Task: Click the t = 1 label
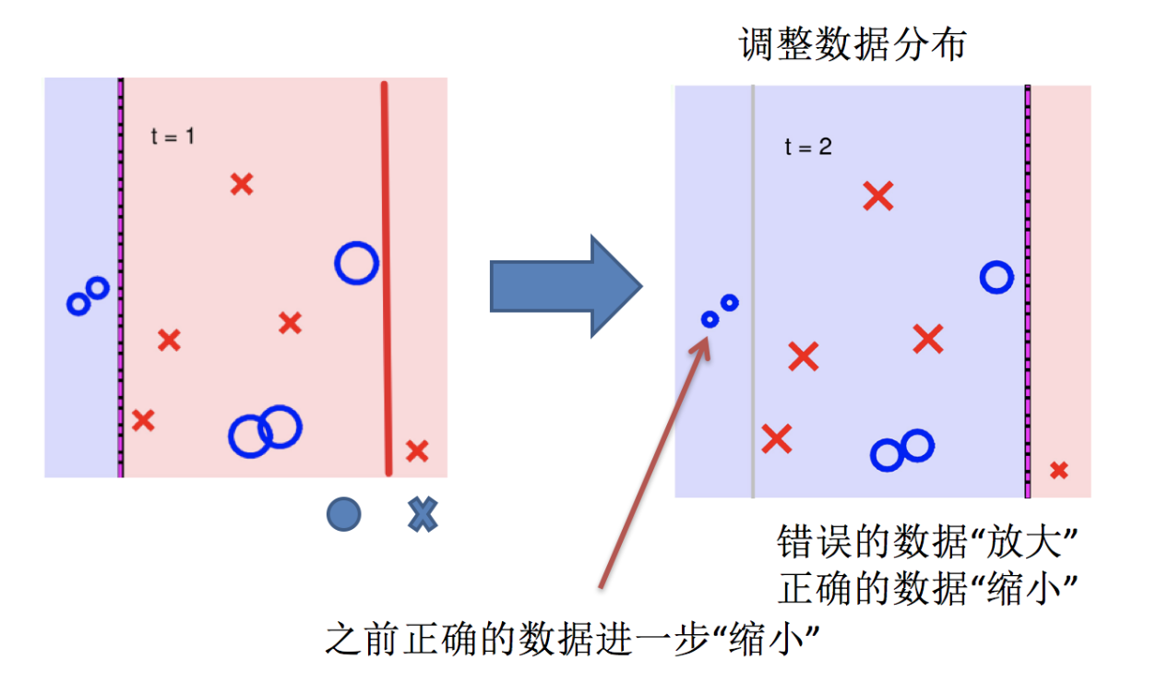(x=173, y=137)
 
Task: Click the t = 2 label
(x=808, y=146)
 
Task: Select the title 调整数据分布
(x=852, y=45)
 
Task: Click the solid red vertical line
(x=386, y=277)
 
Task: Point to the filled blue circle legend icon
(x=343, y=514)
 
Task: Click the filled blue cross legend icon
(x=422, y=514)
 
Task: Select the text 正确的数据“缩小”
(x=928, y=586)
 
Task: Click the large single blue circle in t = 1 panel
(x=356, y=263)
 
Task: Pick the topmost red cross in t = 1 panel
(x=242, y=184)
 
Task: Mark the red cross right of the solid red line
(x=417, y=450)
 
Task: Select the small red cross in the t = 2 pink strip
(x=1059, y=470)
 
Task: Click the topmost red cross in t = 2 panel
(x=877, y=196)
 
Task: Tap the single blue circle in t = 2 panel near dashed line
(x=996, y=277)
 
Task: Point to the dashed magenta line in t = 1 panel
(x=121, y=277)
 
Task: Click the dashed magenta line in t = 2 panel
(x=1027, y=291)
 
